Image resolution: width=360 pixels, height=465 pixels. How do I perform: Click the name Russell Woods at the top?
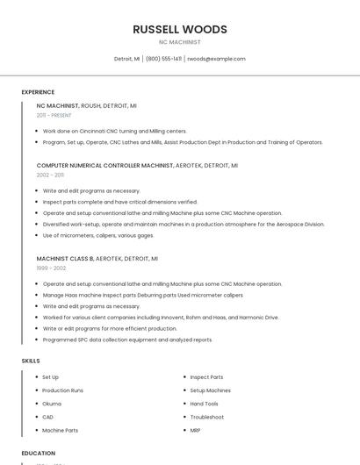click(x=180, y=29)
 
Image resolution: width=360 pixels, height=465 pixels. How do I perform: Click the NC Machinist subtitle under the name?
click(x=180, y=42)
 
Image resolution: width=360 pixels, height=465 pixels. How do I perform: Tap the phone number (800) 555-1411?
click(x=163, y=59)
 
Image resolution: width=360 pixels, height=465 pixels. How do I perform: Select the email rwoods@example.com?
click(x=216, y=59)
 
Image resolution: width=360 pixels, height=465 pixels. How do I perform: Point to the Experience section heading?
click(x=38, y=92)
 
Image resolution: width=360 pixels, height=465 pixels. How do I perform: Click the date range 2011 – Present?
click(x=54, y=115)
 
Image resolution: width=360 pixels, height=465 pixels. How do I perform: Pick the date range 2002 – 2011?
click(x=50, y=175)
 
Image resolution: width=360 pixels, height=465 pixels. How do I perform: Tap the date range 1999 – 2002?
click(x=51, y=268)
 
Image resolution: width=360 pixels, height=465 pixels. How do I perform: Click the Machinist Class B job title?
click(x=65, y=259)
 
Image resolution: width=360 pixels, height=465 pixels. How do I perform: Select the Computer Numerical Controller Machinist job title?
click(x=104, y=165)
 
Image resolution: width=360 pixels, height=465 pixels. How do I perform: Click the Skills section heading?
click(x=31, y=361)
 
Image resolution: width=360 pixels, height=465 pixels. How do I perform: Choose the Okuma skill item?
click(x=52, y=404)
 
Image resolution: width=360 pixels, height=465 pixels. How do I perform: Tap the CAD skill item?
click(x=47, y=417)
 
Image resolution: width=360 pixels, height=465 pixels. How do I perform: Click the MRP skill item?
click(x=195, y=430)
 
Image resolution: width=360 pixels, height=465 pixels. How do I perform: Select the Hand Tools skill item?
click(x=204, y=404)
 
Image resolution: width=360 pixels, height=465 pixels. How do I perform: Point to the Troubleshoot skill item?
click(x=206, y=417)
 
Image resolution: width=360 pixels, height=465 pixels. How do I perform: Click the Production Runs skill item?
click(x=62, y=390)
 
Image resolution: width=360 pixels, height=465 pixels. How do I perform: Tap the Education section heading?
click(x=39, y=454)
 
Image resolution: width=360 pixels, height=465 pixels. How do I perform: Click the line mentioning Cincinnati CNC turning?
click(x=115, y=131)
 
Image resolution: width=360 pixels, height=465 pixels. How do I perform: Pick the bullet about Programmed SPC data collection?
click(x=127, y=340)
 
